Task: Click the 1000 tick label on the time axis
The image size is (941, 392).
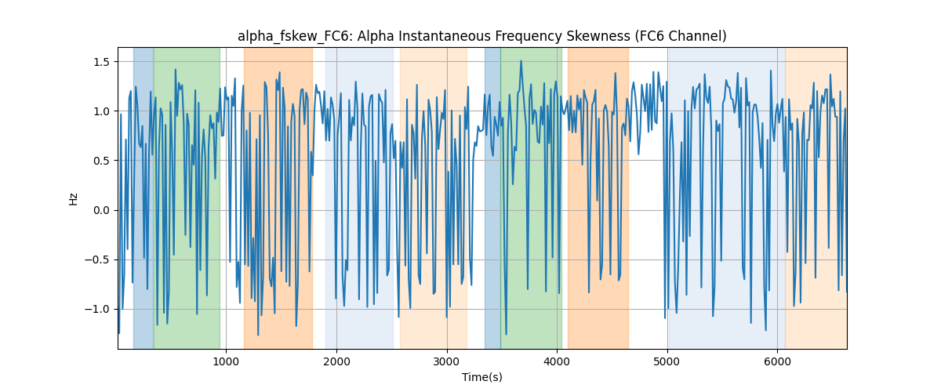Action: [226, 361]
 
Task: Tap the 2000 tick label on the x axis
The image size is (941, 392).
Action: [336, 361]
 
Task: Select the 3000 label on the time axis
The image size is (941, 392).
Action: [447, 361]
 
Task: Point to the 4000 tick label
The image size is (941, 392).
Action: [557, 361]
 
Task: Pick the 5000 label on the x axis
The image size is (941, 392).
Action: [667, 361]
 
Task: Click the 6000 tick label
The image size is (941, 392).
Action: [778, 361]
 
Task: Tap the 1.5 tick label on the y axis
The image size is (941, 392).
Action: [101, 62]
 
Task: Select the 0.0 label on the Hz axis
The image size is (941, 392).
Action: [101, 210]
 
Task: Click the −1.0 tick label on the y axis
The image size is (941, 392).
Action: [97, 309]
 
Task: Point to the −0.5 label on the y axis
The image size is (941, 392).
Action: [97, 260]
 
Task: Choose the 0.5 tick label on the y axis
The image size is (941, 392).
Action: [101, 161]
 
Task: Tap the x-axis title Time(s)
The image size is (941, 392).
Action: [482, 377]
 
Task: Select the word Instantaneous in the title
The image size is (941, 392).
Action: [445, 36]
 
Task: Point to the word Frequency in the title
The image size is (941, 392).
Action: [529, 37]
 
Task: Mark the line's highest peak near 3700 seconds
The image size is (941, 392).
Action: [521, 61]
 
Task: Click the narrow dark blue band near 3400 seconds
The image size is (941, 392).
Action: [492, 198]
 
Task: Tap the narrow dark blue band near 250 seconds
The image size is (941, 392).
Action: [144, 198]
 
